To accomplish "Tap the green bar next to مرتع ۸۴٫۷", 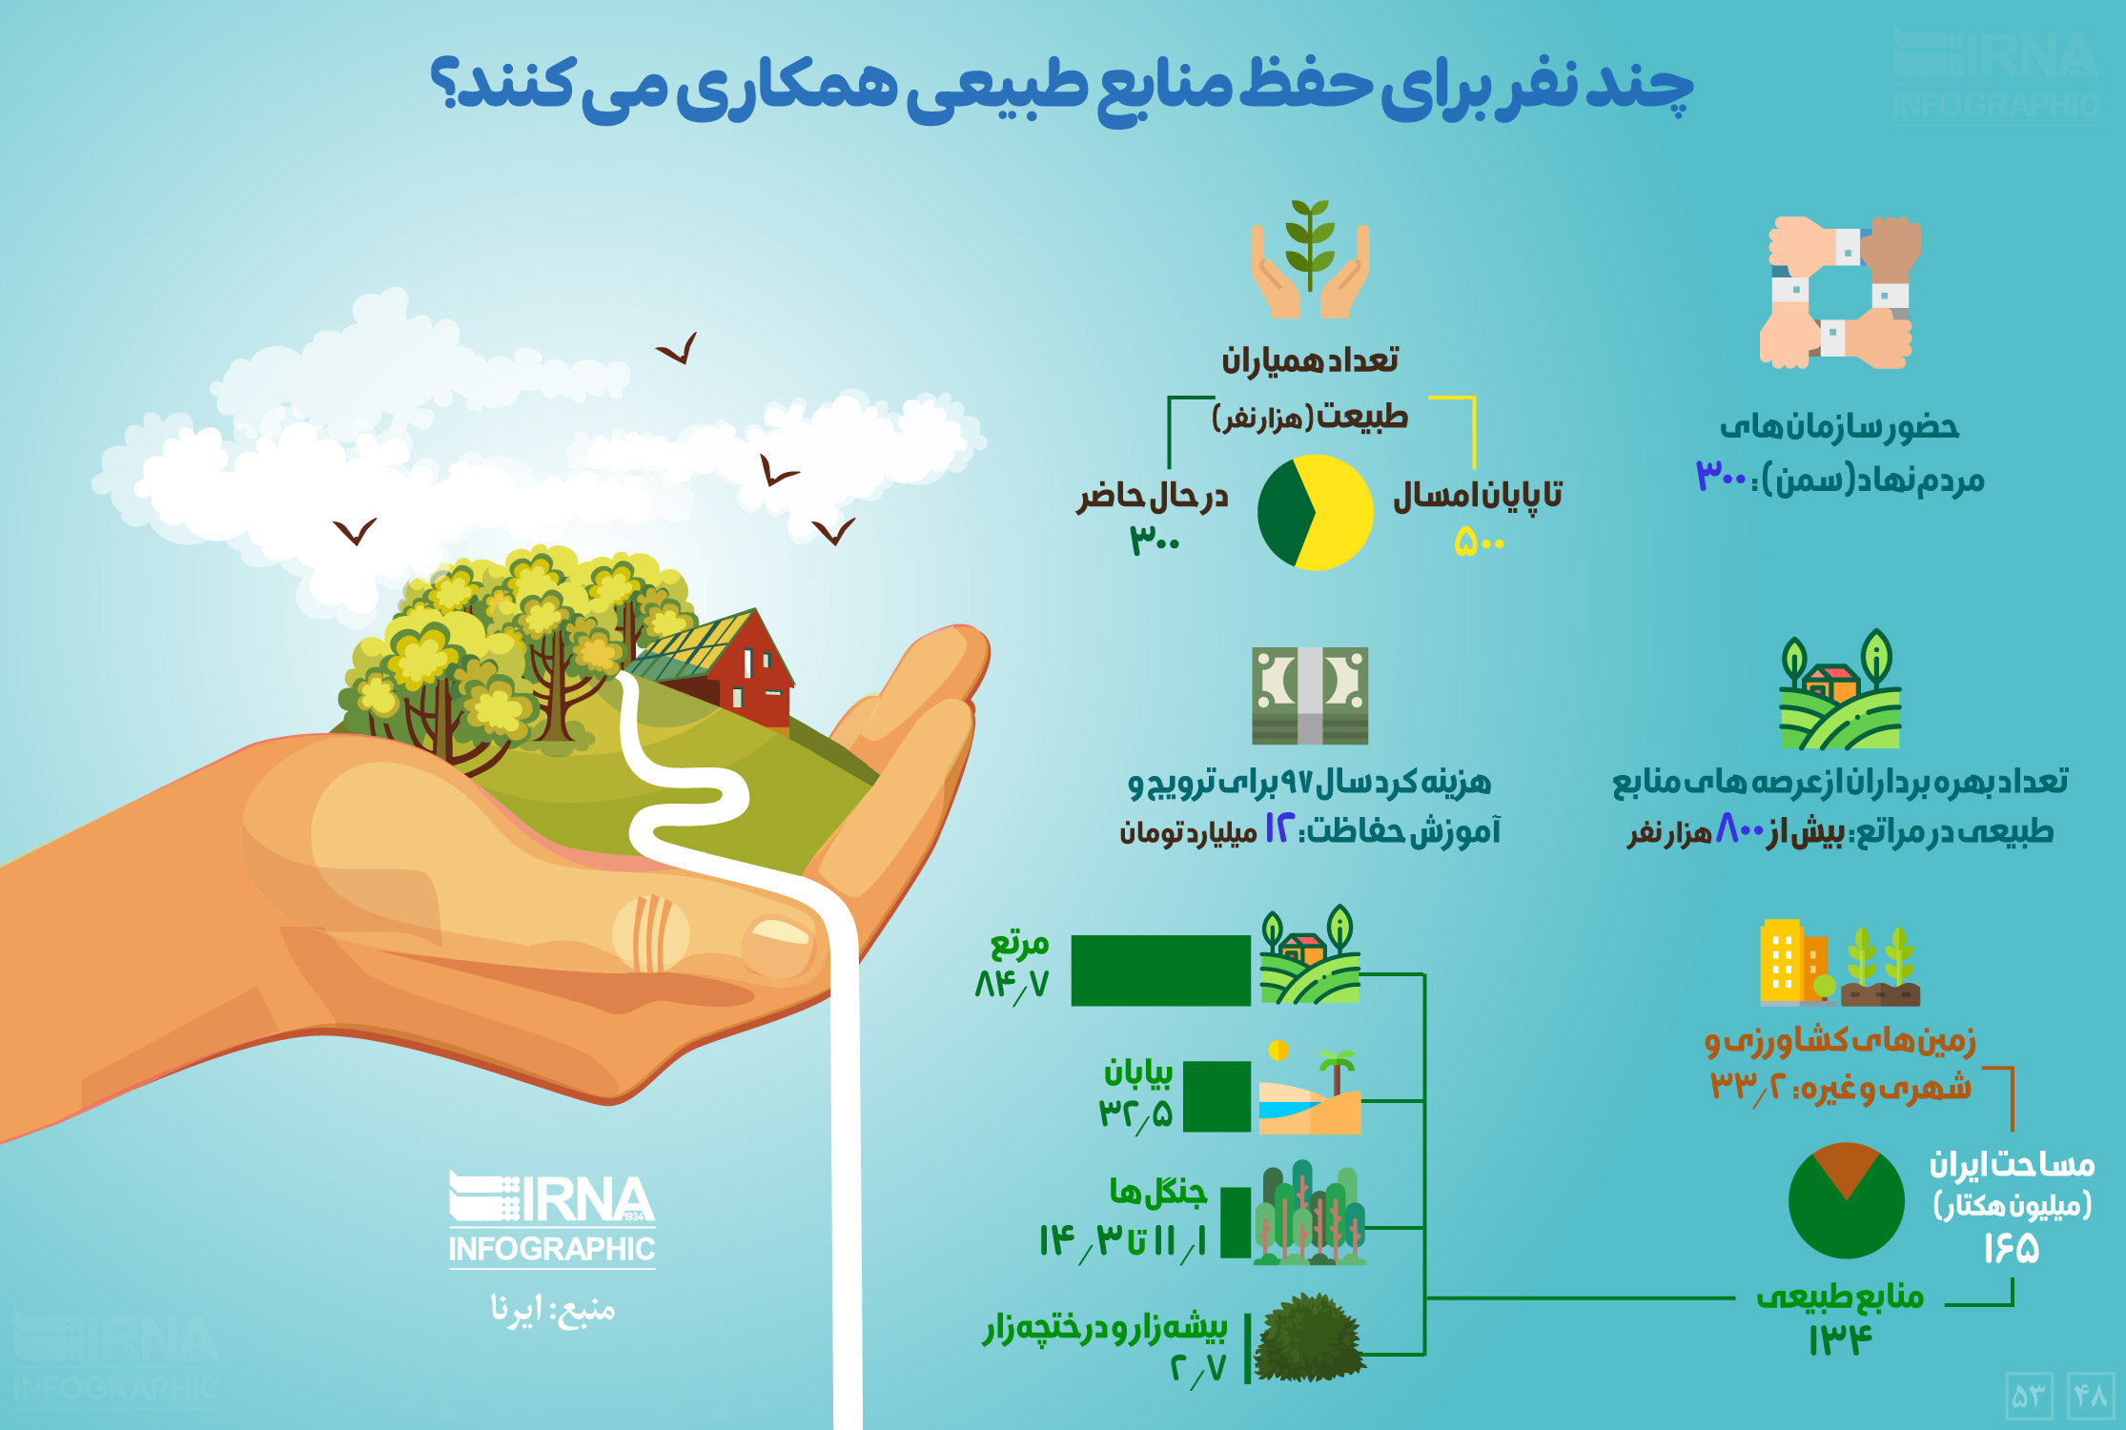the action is click(1160, 970).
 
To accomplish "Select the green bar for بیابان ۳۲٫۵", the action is click(1216, 1096).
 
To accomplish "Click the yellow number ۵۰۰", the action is click(1480, 543).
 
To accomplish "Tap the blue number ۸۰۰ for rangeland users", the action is click(1740, 829).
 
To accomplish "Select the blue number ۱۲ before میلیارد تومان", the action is click(1278, 829).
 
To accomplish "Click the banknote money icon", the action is click(1310, 695).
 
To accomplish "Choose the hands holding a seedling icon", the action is click(1310, 259).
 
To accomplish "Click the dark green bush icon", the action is click(1308, 1338).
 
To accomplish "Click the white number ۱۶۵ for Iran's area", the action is click(2012, 1248).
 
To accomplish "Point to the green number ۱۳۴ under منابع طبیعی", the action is click(1840, 1340).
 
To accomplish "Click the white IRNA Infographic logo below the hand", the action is click(552, 1220).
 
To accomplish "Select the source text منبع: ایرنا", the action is click(553, 1309).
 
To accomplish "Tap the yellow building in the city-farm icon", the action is click(1781, 962).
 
